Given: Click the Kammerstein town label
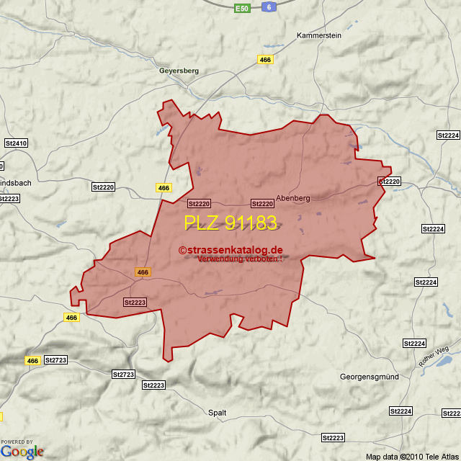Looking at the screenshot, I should tap(318, 35).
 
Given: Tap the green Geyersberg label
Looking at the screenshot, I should tap(179, 71).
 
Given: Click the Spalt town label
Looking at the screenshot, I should tap(217, 413).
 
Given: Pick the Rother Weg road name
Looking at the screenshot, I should tap(434, 357).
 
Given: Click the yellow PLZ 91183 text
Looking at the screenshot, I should tap(230, 223).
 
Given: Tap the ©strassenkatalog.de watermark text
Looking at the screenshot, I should tap(230, 250).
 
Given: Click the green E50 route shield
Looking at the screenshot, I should tap(242, 8).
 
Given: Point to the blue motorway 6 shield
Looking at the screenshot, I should tap(269, 6).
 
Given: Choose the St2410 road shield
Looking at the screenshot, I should tap(15, 143).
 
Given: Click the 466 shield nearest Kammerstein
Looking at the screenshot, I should tap(266, 60).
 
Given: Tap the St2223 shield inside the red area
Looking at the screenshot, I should tap(135, 302).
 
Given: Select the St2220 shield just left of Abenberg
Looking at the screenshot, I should tap(262, 204).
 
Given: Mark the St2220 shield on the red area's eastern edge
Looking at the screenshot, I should tap(389, 182).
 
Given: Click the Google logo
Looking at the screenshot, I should tap(22, 452).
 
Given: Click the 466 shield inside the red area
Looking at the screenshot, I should tap(143, 272).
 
